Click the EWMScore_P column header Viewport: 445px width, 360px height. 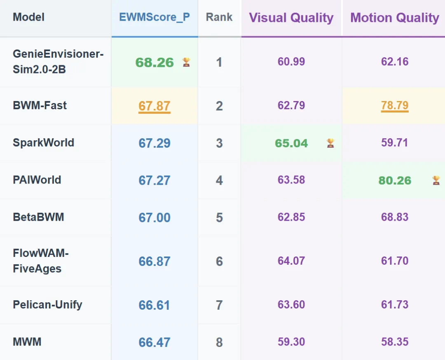pyautogui.click(x=155, y=17)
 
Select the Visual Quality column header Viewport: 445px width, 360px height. pyautogui.click(x=291, y=18)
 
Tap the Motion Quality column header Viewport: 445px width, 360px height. pyautogui.click(x=394, y=18)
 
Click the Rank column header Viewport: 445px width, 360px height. pyautogui.click(x=219, y=17)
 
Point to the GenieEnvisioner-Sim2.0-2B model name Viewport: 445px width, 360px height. pyautogui.click(x=58, y=61)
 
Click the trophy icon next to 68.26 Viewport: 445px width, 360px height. pyautogui.click(x=186, y=62)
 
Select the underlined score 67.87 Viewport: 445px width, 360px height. pyautogui.click(x=155, y=106)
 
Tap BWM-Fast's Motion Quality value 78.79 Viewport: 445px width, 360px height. pyautogui.click(x=395, y=106)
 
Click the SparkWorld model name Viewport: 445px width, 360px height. pyautogui.click(x=43, y=143)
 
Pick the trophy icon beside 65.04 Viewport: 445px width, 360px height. pyautogui.click(x=330, y=143)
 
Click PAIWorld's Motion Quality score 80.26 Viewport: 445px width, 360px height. pyautogui.click(x=395, y=181)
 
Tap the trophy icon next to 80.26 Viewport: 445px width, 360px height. pyautogui.click(x=436, y=180)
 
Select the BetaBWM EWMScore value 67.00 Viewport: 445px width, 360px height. pyautogui.click(x=155, y=218)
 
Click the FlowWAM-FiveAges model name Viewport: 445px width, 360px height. pyautogui.click(x=41, y=261)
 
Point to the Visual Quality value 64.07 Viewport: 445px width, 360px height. pyautogui.click(x=291, y=261)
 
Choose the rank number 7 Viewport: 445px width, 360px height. pyautogui.click(x=219, y=305)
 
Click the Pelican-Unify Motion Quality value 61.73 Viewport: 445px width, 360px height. pyautogui.click(x=395, y=305)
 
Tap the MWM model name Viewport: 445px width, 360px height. pyautogui.click(x=27, y=341)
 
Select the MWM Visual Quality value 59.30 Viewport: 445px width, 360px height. pyautogui.click(x=291, y=341)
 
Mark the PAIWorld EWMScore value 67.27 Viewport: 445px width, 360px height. pyautogui.click(x=155, y=181)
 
